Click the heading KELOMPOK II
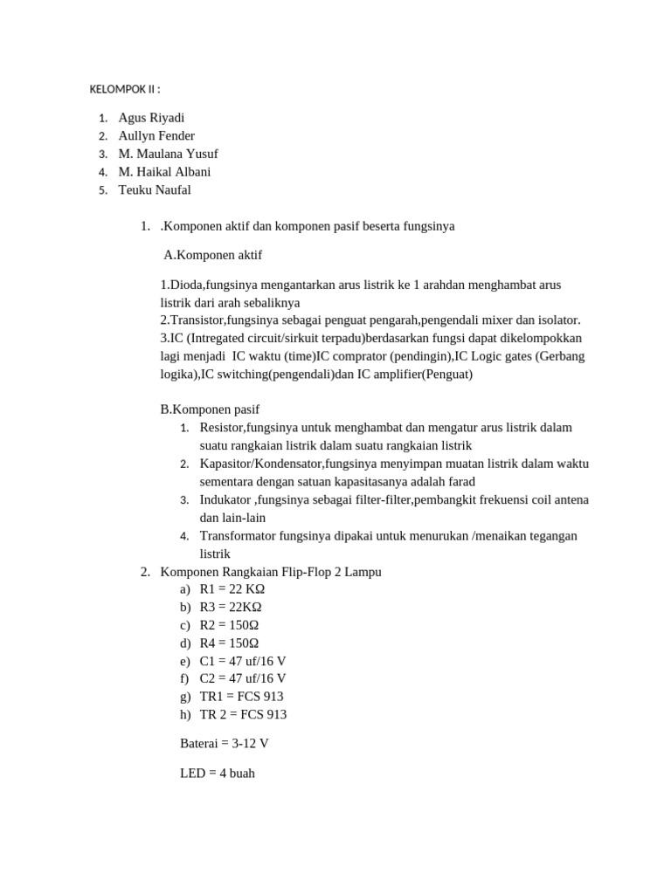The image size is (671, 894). click(125, 90)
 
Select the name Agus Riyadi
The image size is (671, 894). click(151, 118)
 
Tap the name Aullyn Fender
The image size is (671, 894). click(156, 136)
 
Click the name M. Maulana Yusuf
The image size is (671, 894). click(168, 155)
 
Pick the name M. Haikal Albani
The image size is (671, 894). click(164, 172)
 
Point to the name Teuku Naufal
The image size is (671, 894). click(154, 190)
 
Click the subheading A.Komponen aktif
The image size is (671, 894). click(213, 256)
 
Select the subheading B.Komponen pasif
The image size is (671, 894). click(210, 409)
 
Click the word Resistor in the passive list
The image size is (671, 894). click(222, 428)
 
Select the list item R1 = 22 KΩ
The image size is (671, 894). click(232, 589)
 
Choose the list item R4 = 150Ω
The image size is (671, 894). click(229, 643)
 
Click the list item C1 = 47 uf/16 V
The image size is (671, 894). click(243, 661)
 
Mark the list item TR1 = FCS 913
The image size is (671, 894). click(241, 697)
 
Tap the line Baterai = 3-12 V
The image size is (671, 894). click(223, 744)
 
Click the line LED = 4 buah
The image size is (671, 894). click(218, 774)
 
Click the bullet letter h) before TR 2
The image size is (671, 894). click(184, 715)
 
